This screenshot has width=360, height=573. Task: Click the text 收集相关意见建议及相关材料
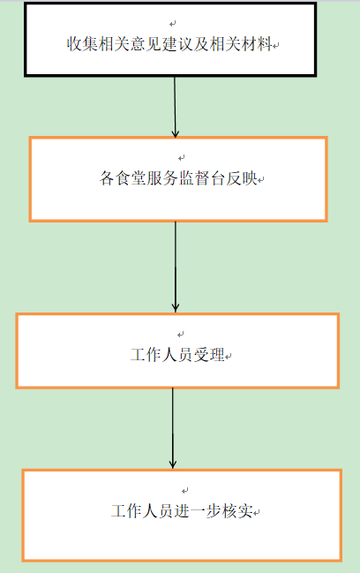click(x=169, y=44)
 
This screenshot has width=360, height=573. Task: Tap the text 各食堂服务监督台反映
click(x=178, y=178)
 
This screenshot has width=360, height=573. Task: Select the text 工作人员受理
click(x=177, y=355)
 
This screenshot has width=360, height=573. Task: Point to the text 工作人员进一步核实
click(x=182, y=511)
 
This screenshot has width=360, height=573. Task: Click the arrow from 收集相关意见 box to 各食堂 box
click(x=175, y=107)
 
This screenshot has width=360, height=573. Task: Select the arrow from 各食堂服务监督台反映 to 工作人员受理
click(x=176, y=267)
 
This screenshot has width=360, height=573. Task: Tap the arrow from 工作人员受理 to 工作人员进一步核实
click(x=173, y=428)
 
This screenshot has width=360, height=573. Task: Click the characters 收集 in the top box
click(x=82, y=44)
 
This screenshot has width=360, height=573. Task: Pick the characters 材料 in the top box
click(x=257, y=44)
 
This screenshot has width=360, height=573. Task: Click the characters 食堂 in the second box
click(x=131, y=178)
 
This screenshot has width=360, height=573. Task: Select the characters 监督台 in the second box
click(x=202, y=178)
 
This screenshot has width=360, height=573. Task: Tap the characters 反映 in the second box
click(x=242, y=178)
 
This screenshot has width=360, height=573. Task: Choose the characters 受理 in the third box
click(x=209, y=355)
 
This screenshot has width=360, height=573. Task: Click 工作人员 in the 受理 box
click(x=161, y=355)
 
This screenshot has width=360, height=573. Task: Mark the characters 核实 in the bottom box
click(x=237, y=511)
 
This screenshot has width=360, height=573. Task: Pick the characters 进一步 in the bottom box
click(x=198, y=511)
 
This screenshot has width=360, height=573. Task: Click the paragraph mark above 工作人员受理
click(x=180, y=334)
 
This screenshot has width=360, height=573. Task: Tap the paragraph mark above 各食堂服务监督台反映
click(x=182, y=157)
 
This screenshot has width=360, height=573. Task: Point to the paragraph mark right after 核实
click(x=257, y=513)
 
